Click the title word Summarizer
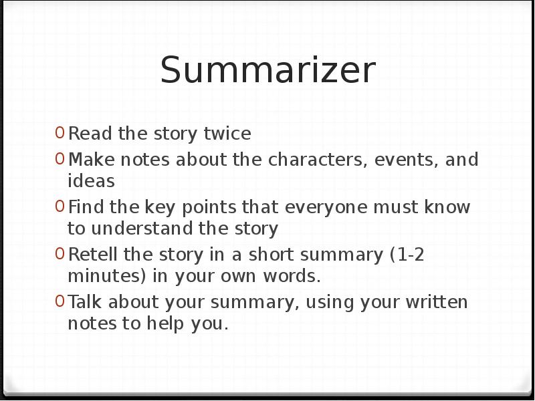pyautogui.click(x=267, y=70)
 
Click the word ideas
pyautogui.click(x=91, y=181)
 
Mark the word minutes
pyautogui.click(x=97, y=276)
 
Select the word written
pyautogui.click(x=437, y=303)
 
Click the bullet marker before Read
pyautogui.click(x=60, y=134)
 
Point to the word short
pyautogui.click(x=272, y=255)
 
